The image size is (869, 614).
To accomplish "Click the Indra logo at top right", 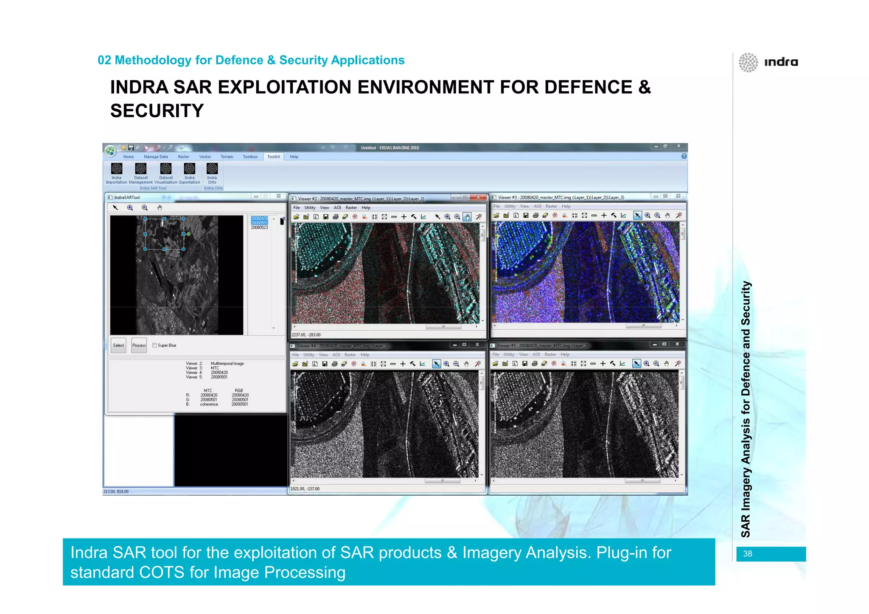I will [768, 62].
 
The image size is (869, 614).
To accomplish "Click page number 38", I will [748, 554].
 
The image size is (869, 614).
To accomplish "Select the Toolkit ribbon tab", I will [273, 157].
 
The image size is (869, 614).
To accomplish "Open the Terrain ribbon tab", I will [227, 157].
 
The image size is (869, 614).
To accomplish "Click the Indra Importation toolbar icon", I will [116, 169].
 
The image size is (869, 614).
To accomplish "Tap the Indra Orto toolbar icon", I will [212, 169].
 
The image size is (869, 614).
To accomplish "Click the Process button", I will [139, 345].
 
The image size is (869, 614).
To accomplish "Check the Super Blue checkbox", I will [155, 345].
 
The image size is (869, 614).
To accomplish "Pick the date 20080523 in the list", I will [259, 228].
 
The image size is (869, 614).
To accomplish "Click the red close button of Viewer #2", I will [479, 197].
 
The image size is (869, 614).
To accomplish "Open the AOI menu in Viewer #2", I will [337, 208].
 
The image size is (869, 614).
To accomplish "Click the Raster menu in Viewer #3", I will [551, 207].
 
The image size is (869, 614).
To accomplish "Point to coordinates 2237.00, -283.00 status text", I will [306, 335].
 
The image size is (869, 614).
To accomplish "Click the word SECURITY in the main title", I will [157, 111].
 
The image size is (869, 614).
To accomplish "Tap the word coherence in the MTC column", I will [209, 404].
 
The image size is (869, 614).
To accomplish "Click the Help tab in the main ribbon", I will [294, 157].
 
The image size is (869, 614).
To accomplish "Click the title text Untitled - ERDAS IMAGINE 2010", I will [390, 148].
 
